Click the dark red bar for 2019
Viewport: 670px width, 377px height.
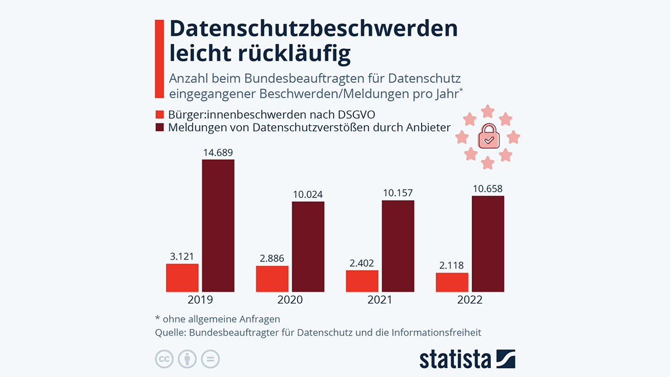pos(218,226)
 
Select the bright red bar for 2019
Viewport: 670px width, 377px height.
pos(182,278)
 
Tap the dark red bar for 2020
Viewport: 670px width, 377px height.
pos(308,246)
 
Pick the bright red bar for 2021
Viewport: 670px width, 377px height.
pos(362,281)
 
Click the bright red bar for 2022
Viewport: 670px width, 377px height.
pos(452,282)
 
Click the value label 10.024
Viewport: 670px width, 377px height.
pos(308,194)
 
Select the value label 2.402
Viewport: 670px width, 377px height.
pos(362,263)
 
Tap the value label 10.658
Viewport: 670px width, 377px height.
pos(487,189)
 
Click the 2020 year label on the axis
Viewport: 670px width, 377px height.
pos(290,300)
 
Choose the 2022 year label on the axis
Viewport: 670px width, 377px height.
pos(470,300)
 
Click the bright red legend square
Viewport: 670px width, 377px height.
pos(159,115)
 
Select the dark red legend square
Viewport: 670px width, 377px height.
pos(159,127)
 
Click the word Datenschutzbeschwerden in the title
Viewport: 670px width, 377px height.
pos(313,29)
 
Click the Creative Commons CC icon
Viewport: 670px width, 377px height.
pos(164,359)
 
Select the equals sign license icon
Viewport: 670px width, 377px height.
pos(210,359)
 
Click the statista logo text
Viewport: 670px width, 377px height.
pos(455,359)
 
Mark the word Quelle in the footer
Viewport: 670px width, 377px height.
pos(170,333)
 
